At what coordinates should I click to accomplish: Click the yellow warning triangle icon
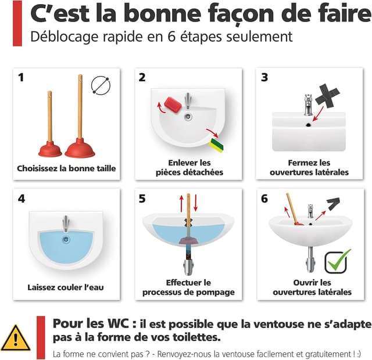16,337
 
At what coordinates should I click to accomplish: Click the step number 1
22,77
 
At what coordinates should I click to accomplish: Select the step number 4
22,199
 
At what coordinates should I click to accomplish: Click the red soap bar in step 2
173,104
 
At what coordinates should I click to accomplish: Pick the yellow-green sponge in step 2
216,142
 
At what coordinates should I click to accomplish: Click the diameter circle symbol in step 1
101,85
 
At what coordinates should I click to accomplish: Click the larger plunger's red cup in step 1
80,149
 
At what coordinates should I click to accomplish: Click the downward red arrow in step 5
195,204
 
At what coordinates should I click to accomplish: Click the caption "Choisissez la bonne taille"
66,169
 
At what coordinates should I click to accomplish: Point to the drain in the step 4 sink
66,238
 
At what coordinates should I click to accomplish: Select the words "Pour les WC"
84,323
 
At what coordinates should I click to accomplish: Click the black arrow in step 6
333,204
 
